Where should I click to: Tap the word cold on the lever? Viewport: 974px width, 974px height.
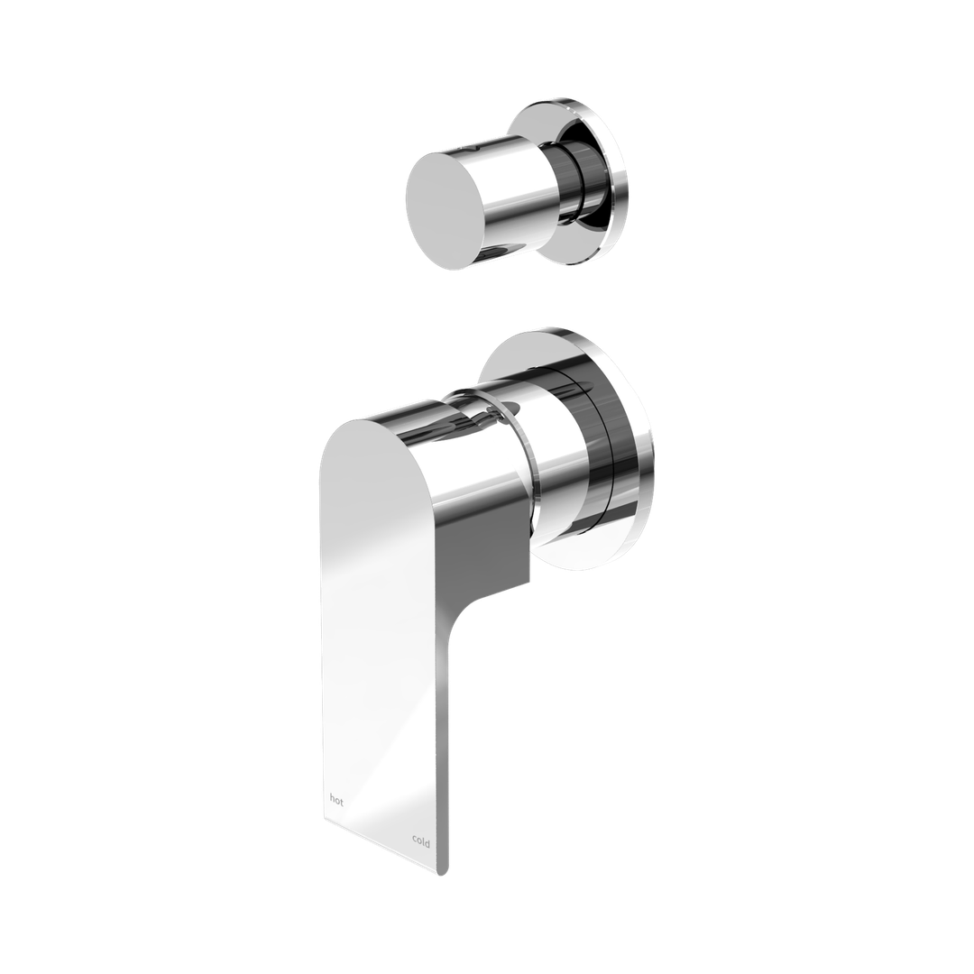coord(421,841)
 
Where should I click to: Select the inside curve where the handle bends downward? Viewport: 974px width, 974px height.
coord(469,613)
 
